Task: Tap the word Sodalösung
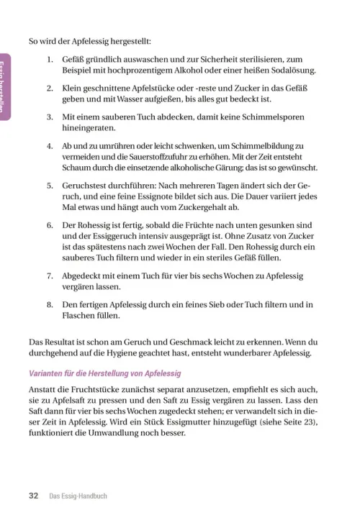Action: click(x=288, y=70)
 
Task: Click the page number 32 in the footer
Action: click(x=33, y=496)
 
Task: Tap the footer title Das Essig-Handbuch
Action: click(x=78, y=496)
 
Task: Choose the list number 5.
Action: click(x=49, y=184)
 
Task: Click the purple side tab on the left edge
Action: click(x=4, y=90)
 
